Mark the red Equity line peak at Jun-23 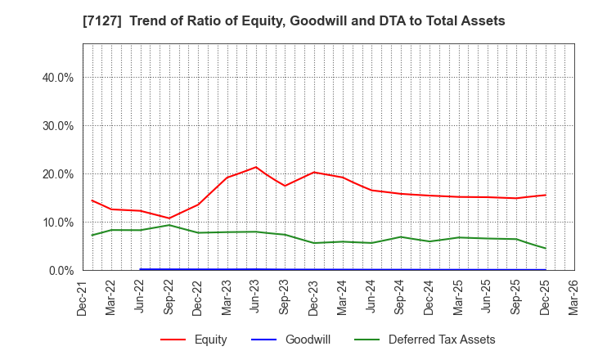tap(256, 167)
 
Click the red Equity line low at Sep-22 tap(169, 218)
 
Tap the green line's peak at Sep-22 tap(169, 225)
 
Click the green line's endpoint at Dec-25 tap(545, 248)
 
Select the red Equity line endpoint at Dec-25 tap(545, 195)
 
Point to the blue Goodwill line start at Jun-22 tap(141, 269)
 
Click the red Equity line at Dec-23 tap(314, 172)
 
